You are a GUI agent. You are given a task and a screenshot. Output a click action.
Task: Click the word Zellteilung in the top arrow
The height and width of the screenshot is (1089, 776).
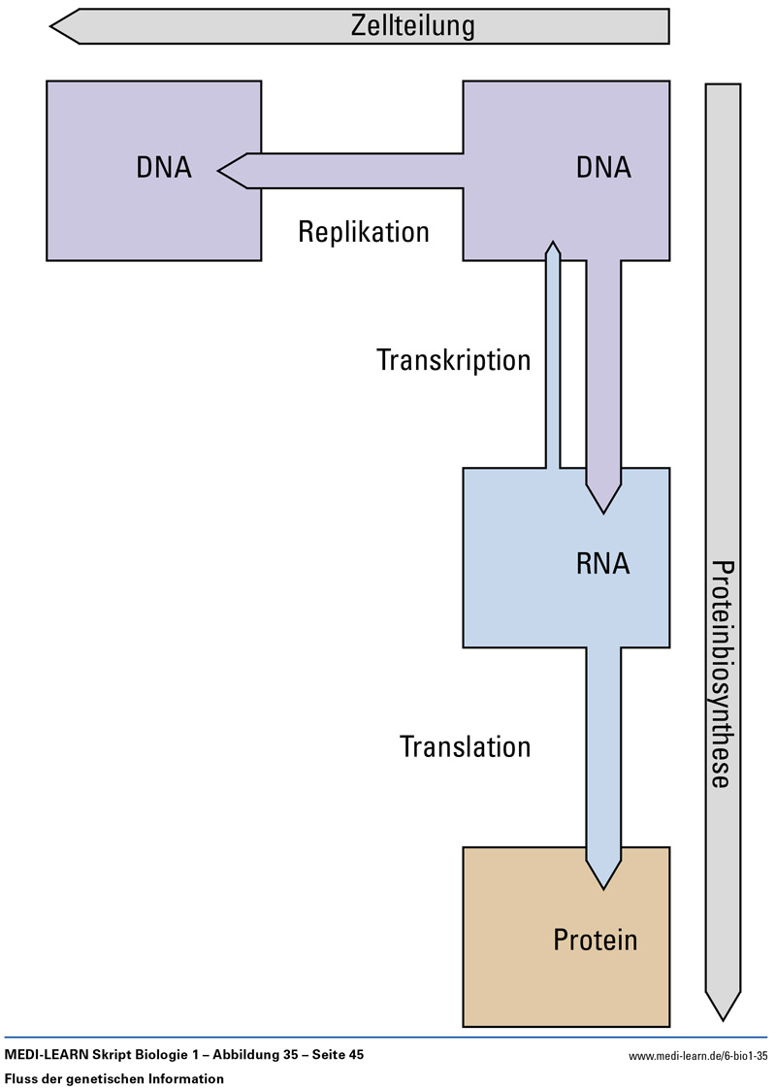coord(412,26)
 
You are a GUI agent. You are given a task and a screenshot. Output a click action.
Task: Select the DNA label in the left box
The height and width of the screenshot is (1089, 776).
coord(164,168)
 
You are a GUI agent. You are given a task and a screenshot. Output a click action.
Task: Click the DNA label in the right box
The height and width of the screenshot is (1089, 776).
coord(603,168)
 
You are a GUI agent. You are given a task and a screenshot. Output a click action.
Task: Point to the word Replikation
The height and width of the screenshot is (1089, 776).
coord(364,233)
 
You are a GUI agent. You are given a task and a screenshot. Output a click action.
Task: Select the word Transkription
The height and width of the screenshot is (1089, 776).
coord(454,360)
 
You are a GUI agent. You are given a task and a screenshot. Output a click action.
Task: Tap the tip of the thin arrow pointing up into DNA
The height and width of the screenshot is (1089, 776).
coord(553,245)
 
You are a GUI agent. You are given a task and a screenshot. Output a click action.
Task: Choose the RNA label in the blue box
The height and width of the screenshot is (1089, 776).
coord(603,564)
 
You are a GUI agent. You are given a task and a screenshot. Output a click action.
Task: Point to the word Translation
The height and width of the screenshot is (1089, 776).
coord(466,746)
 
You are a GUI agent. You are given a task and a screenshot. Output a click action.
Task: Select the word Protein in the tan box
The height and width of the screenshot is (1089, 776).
coord(596,940)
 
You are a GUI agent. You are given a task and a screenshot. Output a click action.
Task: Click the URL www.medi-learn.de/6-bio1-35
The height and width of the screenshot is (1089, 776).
coord(698,1056)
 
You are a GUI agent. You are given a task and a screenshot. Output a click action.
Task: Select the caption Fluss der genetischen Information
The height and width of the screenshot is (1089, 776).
coord(114,1078)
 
